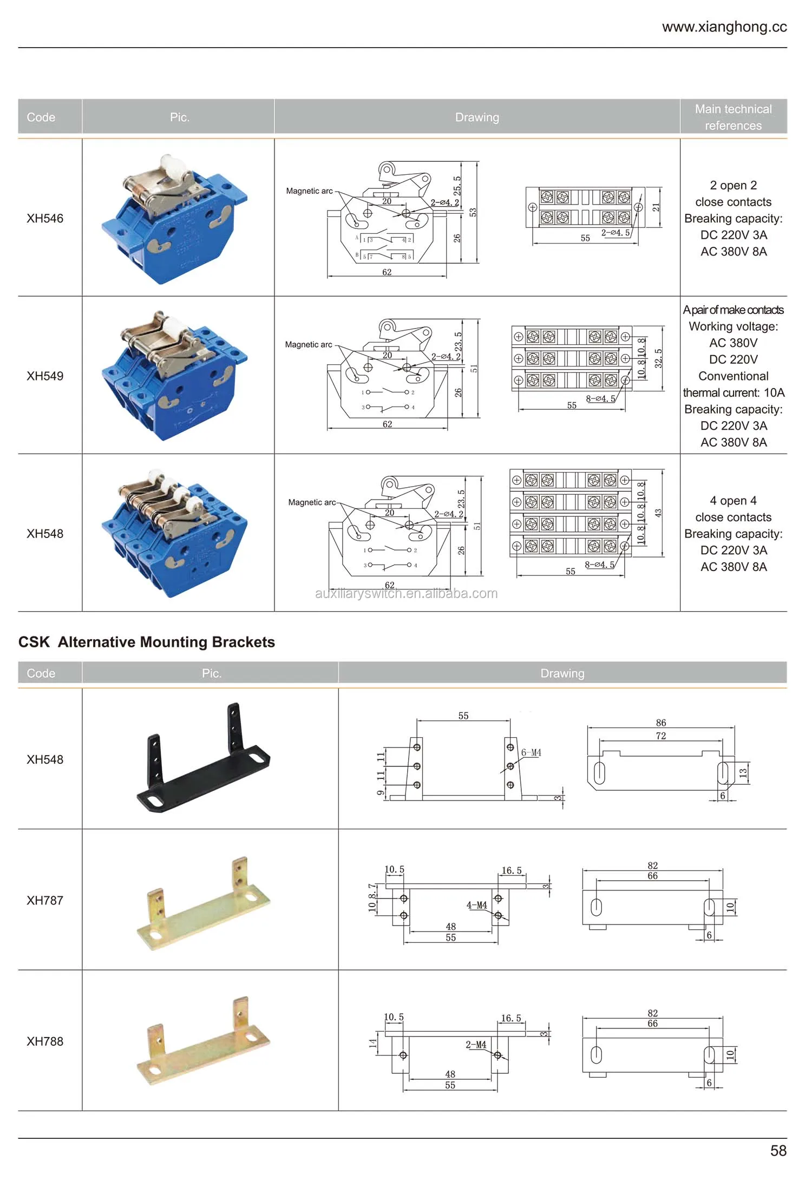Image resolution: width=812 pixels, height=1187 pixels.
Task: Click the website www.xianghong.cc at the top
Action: [724, 27]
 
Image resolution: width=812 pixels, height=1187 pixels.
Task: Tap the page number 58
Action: [778, 1150]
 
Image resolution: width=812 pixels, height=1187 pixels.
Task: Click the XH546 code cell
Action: [45, 218]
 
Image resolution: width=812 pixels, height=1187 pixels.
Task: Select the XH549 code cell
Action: [45, 376]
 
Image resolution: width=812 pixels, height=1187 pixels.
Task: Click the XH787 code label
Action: [45, 900]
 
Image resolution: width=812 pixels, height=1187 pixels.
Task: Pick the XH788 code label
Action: [45, 1041]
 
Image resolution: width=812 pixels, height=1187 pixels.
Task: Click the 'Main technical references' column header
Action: [733, 117]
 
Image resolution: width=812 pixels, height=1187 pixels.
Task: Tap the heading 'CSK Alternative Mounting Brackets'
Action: [147, 642]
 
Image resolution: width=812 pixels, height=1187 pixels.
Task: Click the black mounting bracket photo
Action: [203, 758]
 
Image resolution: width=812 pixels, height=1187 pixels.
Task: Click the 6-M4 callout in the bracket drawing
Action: [531, 752]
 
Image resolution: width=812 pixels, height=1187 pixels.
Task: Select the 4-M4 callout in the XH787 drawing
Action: [476, 905]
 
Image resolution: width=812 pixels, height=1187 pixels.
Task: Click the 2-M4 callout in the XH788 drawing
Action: [476, 1045]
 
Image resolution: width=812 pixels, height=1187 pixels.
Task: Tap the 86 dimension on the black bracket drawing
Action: [660, 723]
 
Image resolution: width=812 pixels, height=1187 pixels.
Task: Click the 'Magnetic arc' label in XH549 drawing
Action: [309, 344]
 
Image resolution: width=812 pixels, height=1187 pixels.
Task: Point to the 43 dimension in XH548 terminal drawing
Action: [658, 513]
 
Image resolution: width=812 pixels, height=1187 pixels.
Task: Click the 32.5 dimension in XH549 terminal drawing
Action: [658, 358]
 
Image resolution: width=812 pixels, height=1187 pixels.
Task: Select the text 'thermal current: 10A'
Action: [733, 392]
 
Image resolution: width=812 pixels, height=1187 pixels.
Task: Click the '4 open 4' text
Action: [733, 500]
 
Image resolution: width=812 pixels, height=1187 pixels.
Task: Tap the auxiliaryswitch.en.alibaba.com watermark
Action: [406, 593]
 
